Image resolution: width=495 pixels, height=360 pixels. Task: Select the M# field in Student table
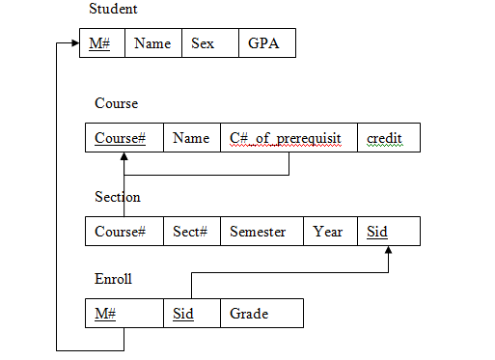click(100, 43)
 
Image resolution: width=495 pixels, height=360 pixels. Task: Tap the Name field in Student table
click(152, 43)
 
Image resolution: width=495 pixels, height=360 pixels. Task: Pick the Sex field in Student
click(203, 43)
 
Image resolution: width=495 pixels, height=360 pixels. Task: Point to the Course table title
click(116, 103)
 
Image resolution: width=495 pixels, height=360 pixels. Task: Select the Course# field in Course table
click(121, 138)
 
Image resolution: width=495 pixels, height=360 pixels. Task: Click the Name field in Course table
click(191, 138)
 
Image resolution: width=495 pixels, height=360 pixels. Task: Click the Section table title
click(118, 197)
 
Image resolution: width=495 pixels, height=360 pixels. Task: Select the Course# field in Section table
click(121, 232)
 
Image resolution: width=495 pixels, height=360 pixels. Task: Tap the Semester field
click(258, 232)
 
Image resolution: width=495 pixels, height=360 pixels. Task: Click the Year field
click(328, 232)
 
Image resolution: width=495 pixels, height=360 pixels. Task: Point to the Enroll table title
click(113, 279)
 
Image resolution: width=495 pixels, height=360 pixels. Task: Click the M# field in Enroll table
click(105, 314)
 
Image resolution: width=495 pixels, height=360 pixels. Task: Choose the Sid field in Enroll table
click(183, 314)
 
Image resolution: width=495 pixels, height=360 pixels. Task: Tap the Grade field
click(249, 314)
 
